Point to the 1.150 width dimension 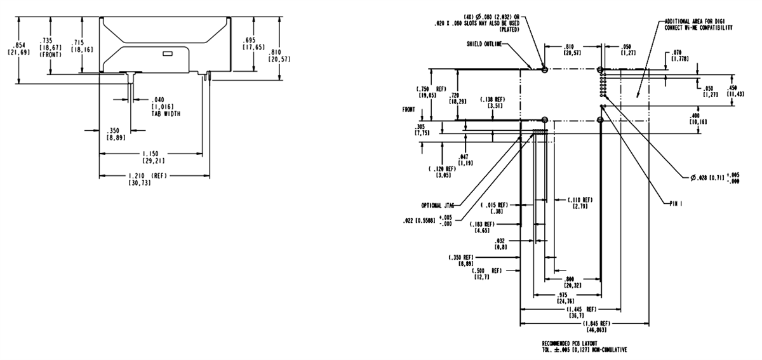click(x=150, y=153)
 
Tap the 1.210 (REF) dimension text click(x=150, y=175)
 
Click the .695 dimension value click(x=249, y=39)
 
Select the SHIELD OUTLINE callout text click(x=483, y=44)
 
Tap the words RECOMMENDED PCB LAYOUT click(x=569, y=343)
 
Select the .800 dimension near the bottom click(x=569, y=279)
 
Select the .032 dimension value click(x=503, y=241)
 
